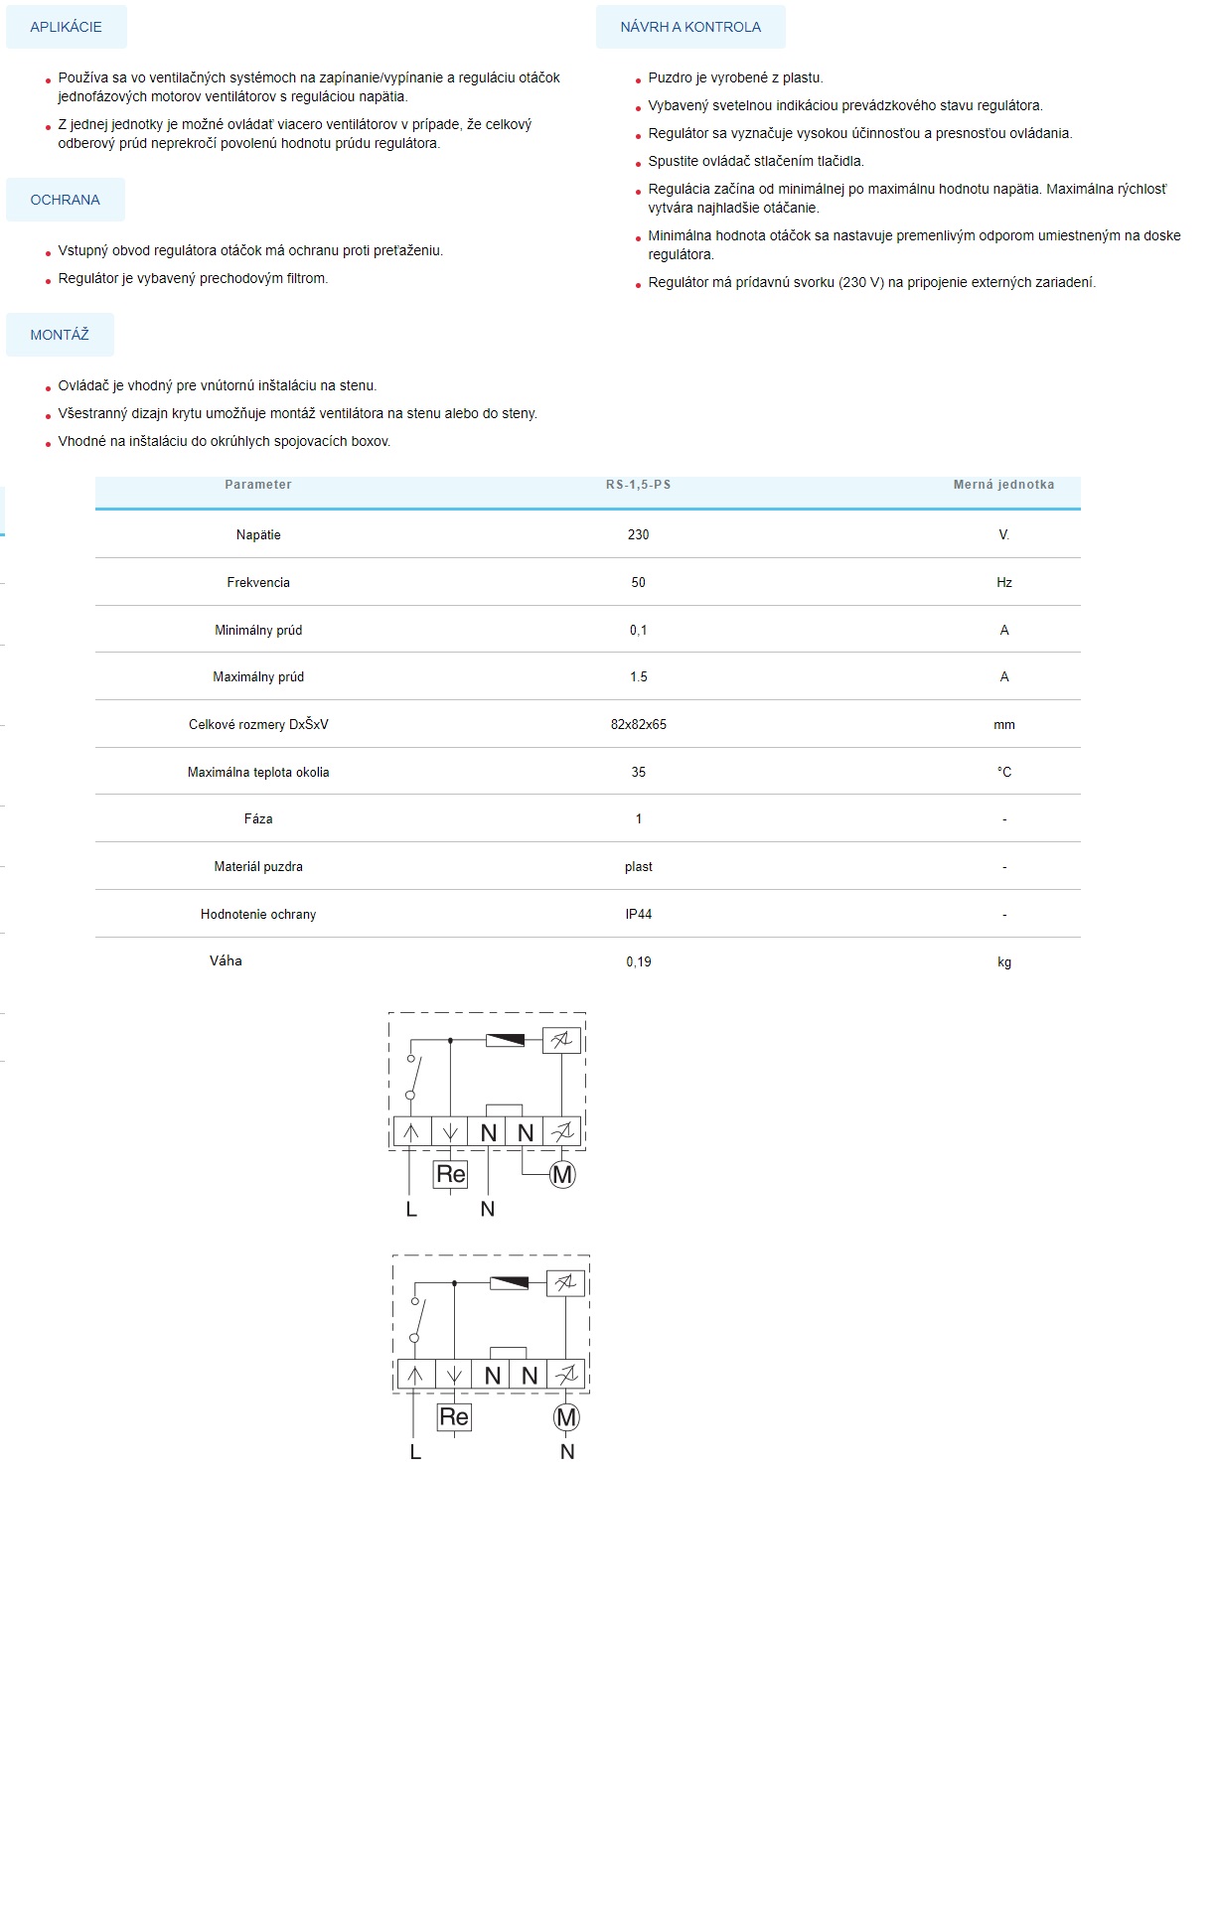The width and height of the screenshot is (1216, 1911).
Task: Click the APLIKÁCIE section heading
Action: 66,27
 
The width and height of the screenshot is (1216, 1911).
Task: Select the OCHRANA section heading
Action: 66,200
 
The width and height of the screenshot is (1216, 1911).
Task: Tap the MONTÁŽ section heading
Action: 60,335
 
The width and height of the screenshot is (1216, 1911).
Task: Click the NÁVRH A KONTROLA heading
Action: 690,27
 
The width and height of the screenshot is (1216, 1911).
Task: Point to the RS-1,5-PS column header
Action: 638,485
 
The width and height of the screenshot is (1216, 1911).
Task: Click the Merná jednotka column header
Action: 1003,485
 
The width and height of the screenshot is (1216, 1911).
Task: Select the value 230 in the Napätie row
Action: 638,534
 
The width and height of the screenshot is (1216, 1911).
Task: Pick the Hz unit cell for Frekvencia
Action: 1004,582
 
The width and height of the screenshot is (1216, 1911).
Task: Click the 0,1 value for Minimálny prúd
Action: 638,630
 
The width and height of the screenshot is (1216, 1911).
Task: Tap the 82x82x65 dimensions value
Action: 638,724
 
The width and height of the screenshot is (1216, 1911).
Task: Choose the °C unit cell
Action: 1004,772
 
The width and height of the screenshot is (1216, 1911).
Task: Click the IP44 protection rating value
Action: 638,914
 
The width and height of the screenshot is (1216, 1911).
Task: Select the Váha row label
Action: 226,960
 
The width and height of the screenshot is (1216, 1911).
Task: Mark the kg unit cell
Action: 1004,961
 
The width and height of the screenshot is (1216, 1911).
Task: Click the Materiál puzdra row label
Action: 258,866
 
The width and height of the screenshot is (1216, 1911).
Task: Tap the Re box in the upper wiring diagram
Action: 451,1174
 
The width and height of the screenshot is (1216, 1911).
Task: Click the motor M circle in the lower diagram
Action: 566,1417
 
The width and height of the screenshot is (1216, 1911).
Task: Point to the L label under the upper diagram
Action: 411,1209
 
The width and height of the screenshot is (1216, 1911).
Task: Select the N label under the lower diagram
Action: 567,1451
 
